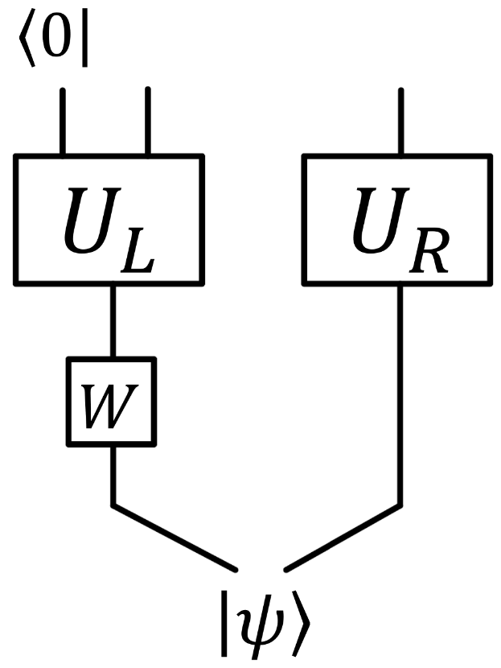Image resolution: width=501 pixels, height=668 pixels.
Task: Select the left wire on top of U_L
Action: tap(62, 121)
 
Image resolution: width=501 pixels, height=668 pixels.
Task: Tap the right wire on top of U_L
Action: tap(147, 121)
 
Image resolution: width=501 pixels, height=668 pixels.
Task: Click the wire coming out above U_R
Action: tap(400, 121)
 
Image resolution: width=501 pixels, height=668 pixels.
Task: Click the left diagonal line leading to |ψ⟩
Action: tap(173, 538)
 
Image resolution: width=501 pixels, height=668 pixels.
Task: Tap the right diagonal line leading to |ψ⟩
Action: tap(343, 538)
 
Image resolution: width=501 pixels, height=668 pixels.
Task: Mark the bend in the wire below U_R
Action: tap(400, 505)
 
